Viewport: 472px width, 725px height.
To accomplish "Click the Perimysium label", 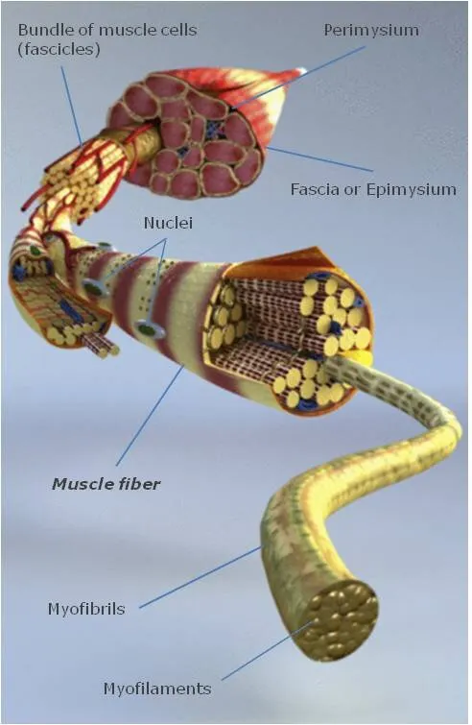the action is [371, 31].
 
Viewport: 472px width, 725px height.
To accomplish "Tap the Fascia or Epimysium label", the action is [373, 189].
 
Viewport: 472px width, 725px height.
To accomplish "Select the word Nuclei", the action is [168, 223].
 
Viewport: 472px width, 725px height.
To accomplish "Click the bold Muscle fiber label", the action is [106, 484].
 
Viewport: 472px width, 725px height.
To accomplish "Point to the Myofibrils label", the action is [86, 609].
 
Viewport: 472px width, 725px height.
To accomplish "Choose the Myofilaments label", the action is [157, 689].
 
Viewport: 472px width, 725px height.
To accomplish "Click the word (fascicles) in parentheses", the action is [59, 50].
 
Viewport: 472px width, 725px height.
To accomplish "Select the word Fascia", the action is [311, 189].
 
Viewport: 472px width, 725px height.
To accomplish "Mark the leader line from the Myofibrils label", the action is [200, 577].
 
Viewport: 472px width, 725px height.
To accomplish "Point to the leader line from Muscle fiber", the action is [150, 415].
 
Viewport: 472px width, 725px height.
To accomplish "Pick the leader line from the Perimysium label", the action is [300, 77].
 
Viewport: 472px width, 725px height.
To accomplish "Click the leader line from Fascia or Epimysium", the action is [319, 158].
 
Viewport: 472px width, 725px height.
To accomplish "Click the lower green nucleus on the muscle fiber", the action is [148, 329].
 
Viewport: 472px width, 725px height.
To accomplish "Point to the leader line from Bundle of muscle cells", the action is [72, 105].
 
